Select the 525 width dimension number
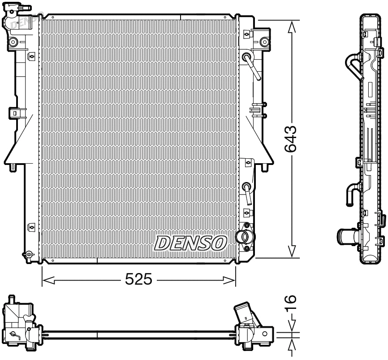[x=138, y=280]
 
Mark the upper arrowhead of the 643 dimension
[x=292, y=27]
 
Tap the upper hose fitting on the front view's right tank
[x=250, y=63]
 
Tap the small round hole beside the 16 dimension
[x=265, y=334]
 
